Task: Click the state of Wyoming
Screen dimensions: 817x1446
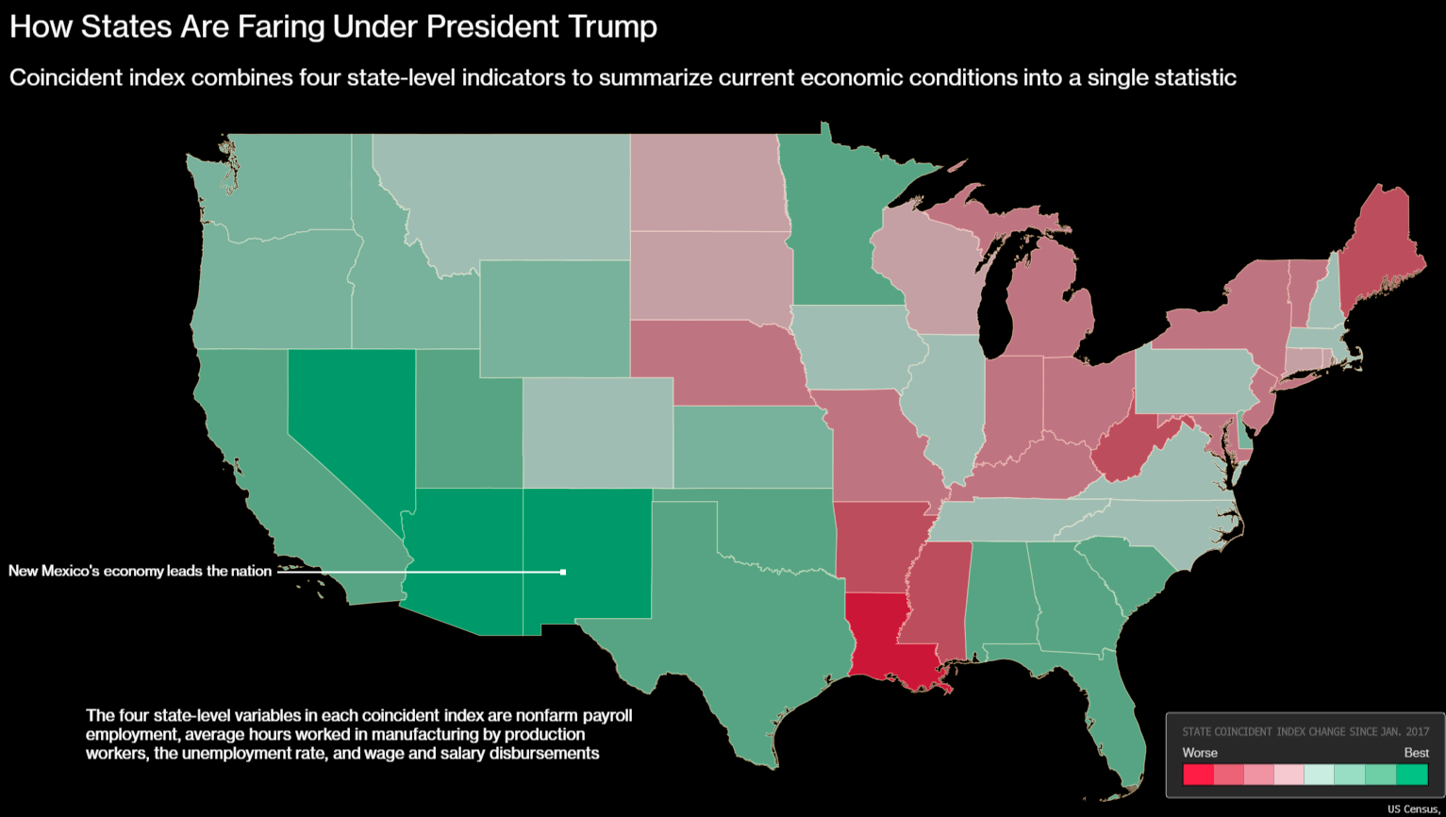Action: click(555, 319)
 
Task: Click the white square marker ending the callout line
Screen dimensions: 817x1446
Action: click(563, 572)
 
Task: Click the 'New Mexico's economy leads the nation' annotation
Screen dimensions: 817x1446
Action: click(140, 571)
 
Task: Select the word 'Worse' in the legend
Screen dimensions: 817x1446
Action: click(1200, 753)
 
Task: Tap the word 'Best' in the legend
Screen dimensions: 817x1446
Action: click(1416, 753)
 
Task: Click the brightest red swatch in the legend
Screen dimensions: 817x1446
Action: click(1198, 775)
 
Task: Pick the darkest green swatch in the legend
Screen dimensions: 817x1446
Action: click(1412, 775)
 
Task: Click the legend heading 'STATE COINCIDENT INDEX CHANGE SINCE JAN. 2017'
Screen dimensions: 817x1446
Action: click(1305, 731)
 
